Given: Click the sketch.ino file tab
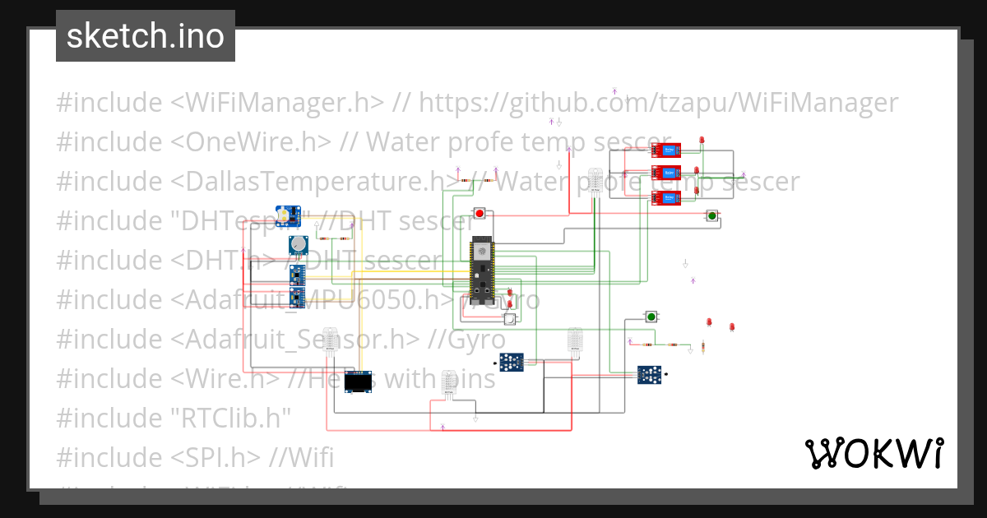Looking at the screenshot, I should (x=145, y=36).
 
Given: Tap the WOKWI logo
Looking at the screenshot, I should (x=873, y=453).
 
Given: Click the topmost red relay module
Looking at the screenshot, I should (x=666, y=150).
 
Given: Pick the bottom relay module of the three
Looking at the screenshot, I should (x=666, y=197).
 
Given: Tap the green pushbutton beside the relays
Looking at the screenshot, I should (x=712, y=216).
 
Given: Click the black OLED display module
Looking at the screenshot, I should (x=357, y=382).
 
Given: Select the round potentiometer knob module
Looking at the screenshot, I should (x=299, y=244).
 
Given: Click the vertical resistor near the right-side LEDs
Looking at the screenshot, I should (x=703, y=348).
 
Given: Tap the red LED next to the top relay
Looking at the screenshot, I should (x=702, y=142).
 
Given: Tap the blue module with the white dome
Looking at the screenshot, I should (x=285, y=216).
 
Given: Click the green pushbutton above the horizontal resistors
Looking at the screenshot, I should (x=651, y=317).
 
